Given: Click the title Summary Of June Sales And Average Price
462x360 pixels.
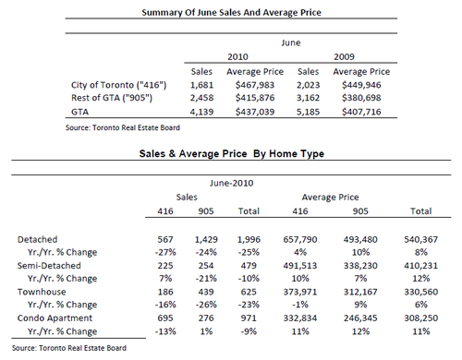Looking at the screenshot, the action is click(231, 13).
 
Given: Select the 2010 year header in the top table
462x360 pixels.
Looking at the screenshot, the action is click(237, 57).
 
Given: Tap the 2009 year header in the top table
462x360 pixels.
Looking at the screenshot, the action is click(344, 57).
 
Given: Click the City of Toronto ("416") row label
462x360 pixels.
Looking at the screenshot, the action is click(118, 85).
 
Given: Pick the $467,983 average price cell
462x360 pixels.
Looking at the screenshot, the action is click(255, 85).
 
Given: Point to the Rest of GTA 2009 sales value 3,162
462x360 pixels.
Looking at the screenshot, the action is click(308, 98).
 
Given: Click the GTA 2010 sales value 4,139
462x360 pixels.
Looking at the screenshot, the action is click(201, 112).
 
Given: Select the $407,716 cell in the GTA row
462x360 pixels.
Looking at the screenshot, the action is click(361, 112).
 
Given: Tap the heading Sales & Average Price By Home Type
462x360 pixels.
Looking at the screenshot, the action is click(232, 153).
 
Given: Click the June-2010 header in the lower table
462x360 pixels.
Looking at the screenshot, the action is click(232, 183).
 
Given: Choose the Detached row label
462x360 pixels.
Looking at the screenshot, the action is click(37, 239).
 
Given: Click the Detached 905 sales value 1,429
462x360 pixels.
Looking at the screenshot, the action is click(206, 239).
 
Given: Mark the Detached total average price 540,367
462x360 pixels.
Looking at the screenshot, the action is click(420, 239).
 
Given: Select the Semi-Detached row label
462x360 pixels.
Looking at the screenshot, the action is click(49, 266).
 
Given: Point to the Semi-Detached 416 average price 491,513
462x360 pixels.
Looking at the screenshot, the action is click(300, 266).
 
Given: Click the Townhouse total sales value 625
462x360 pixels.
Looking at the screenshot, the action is click(249, 292).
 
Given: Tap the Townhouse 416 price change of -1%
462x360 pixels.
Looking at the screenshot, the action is click(300, 305).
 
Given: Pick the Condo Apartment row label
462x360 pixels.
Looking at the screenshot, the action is click(55, 318).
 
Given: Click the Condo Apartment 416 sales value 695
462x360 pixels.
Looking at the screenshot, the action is click(165, 318).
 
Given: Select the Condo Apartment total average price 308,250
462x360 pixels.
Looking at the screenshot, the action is click(420, 318).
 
